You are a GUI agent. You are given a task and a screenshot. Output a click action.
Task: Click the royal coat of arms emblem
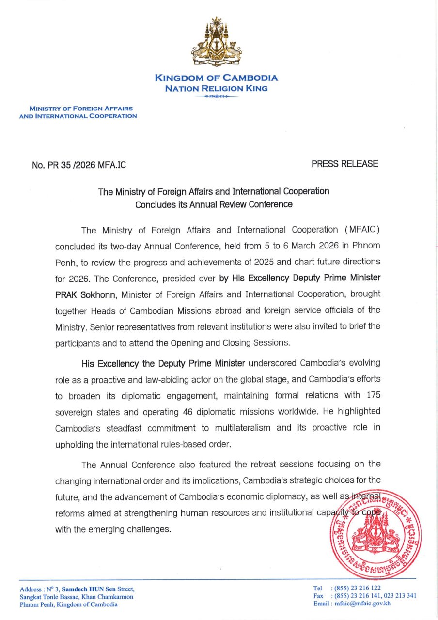216,43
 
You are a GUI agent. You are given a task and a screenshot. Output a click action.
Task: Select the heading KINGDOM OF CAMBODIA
216,78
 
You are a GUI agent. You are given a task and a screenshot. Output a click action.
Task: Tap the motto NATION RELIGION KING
216,89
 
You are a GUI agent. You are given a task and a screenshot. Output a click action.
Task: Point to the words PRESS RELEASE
344,164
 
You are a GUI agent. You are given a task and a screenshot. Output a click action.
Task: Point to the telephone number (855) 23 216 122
358,588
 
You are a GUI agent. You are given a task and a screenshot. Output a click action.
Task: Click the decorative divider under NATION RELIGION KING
216,97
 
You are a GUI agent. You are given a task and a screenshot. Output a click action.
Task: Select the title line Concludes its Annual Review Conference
214,204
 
